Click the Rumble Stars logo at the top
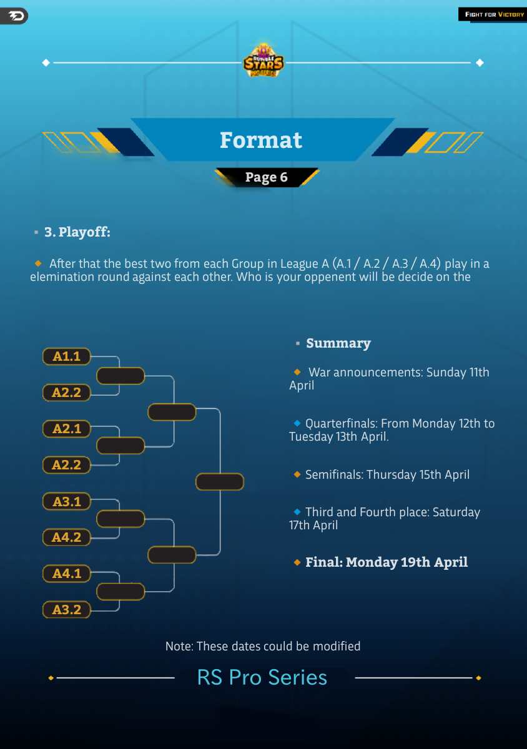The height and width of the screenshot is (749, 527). [x=263, y=61]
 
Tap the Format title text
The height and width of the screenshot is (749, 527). [x=261, y=140]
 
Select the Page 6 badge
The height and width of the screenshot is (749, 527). [x=267, y=177]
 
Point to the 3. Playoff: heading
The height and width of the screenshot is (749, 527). [x=77, y=232]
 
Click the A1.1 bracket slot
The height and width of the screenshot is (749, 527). [x=67, y=356]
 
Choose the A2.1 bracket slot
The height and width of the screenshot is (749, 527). [x=67, y=429]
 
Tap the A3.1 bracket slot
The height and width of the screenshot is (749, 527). [x=67, y=501]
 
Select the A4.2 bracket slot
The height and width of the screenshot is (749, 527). [x=67, y=537]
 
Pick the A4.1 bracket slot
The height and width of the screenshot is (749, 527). [x=67, y=573]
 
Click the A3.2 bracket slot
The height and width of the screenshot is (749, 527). [x=67, y=610]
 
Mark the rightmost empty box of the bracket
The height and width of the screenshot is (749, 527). [x=219, y=482]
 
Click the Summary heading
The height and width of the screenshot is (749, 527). [x=338, y=343]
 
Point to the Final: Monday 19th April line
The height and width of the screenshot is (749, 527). [x=386, y=562]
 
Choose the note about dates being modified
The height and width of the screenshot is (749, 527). [x=263, y=646]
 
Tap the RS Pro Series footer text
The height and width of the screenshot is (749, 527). [x=262, y=677]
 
